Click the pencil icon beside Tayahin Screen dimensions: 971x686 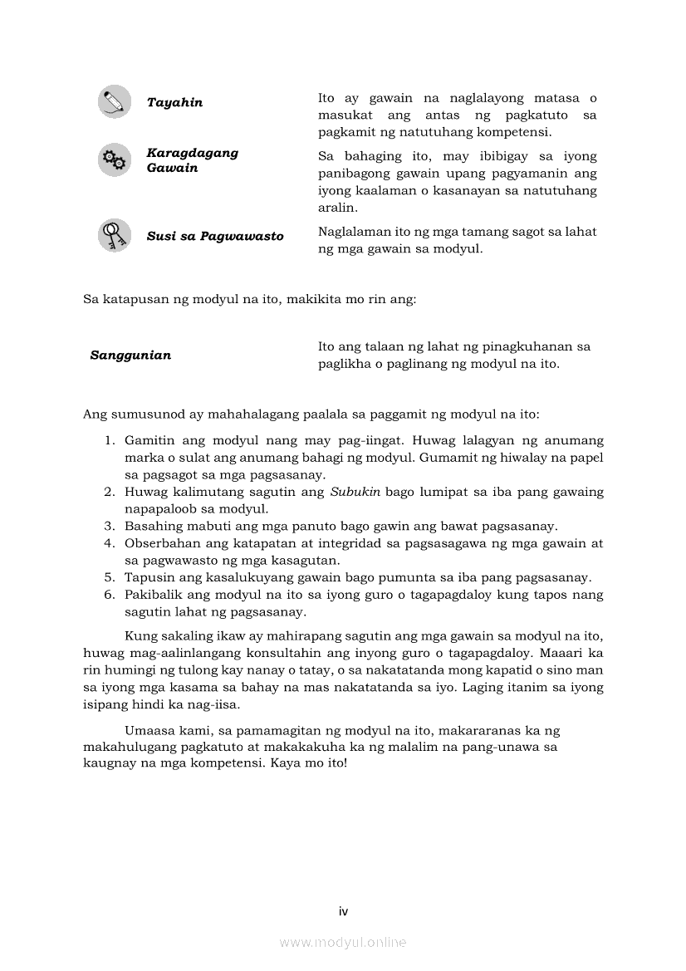point(114,101)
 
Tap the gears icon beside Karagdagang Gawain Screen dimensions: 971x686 point(114,159)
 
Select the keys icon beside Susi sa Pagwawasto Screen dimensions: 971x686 point(114,235)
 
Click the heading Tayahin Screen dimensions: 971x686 point(174,102)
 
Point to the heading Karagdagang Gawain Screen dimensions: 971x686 point(192,160)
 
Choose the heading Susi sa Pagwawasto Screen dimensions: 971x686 point(215,236)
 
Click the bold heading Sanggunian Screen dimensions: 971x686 point(130,356)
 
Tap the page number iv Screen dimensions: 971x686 point(343,911)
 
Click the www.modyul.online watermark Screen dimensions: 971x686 point(343,943)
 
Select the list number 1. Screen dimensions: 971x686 point(109,440)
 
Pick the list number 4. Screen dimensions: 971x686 point(109,543)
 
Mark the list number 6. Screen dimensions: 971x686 point(109,595)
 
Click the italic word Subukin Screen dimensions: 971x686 point(355,492)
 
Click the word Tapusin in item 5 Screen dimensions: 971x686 point(147,577)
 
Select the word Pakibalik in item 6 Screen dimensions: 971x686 point(152,595)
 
